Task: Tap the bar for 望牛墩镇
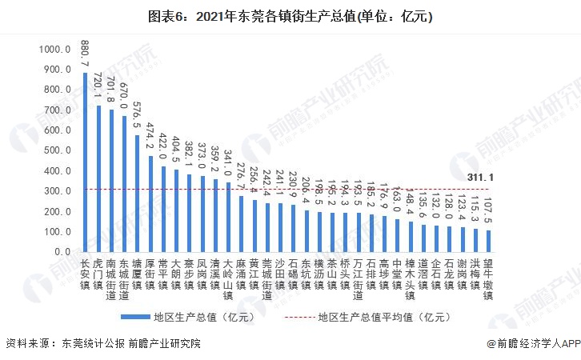(488, 241)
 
